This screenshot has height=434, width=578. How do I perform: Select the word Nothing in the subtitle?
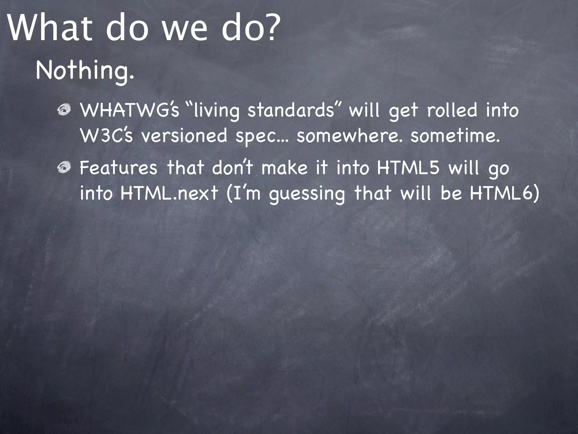pos(82,71)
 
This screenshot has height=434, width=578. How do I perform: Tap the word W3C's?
pos(106,136)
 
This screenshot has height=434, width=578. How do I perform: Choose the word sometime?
pos(455,136)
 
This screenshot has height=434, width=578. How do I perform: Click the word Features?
pos(118,168)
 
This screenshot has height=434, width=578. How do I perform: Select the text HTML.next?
pos(169,193)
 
